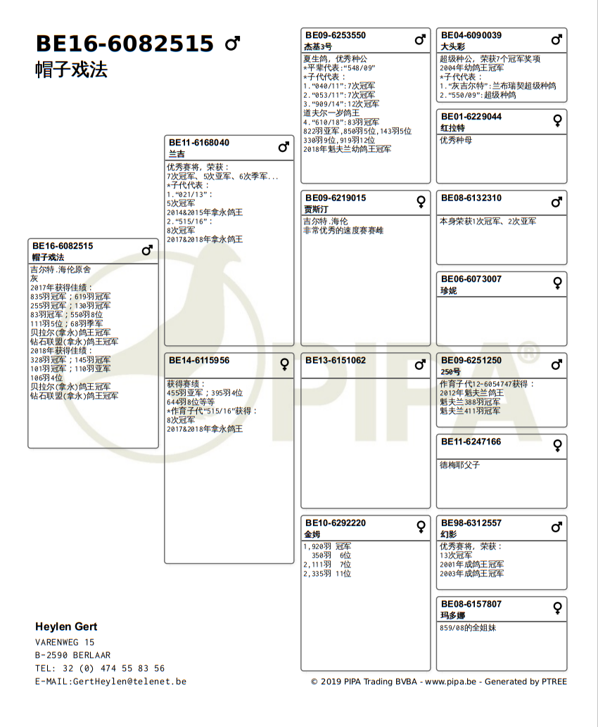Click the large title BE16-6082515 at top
tap(125, 44)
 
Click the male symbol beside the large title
tap(232, 44)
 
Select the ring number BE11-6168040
tap(198, 143)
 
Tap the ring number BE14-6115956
tap(198, 360)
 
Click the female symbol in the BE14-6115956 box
tap(284, 364)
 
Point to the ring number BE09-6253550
tap(335, 35)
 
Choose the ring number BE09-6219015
tap(335, 198)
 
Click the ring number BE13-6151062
tap(335, 360)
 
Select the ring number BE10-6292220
tap(335, 522)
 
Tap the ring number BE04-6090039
tap(471, 35)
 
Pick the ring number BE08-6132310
tap(471, 198)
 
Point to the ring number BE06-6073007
tap(471, 279)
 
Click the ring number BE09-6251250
tap(471, 360)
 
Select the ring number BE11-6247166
tap(471, 442)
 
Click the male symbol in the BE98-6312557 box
tap(557, 527)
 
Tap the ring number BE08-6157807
tap(471, 604)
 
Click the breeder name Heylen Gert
tap(66, 626)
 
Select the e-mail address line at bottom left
tap(110, 681)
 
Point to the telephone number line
tap(100, 668)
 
